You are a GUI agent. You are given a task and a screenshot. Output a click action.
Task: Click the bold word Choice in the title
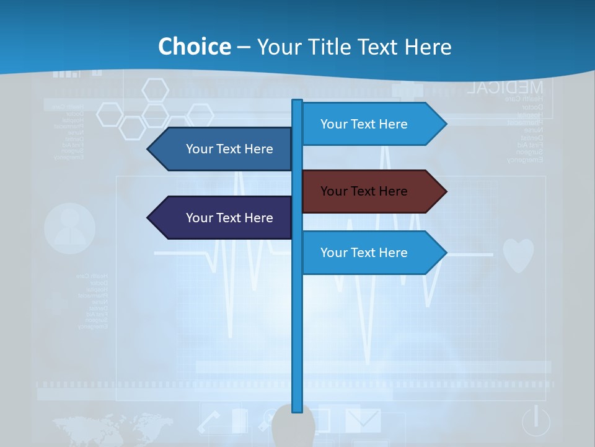194,47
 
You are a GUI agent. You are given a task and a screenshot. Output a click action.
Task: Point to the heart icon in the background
518,255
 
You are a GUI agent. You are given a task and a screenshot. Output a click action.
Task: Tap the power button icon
536,421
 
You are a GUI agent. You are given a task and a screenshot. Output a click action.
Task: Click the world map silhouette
112,428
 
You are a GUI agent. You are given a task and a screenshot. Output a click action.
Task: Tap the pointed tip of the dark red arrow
445,191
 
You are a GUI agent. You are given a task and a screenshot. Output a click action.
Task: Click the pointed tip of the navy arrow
149,218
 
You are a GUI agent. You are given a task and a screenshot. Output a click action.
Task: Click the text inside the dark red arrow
364,191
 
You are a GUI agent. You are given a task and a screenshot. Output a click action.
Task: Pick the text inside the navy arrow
229,218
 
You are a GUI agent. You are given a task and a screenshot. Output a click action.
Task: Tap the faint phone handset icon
209,422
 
